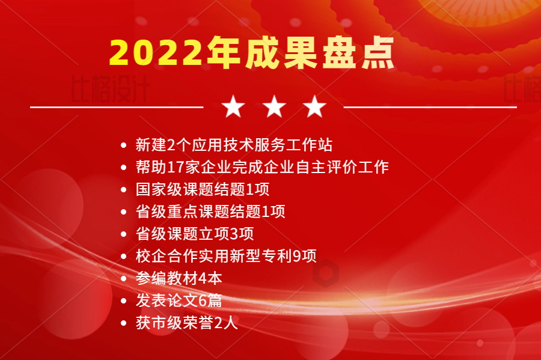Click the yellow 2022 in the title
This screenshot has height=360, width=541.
(x=156, y=53)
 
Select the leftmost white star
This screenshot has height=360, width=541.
(x=233, y=106)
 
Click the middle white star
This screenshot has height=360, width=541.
(x=274, y=106)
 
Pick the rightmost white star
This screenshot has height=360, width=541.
(x=314, y=106)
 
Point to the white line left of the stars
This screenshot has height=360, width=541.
(x=117, y=107)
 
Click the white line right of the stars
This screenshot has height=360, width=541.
(x=430, y=107)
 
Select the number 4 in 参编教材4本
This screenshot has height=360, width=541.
(x=203, y=278)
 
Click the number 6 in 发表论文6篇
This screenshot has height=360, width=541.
(x=203, y=301)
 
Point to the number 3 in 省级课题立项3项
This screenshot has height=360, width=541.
(x=234, y=234)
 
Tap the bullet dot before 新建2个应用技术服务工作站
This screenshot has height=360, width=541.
(x=123, y=145)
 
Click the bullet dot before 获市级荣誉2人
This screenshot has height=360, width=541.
(x=123, y=323)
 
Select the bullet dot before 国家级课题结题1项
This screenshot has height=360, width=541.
(x=123, y=190)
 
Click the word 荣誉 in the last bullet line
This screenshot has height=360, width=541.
(x=198, y=323)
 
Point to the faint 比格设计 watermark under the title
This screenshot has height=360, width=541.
(x=110, y=89)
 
